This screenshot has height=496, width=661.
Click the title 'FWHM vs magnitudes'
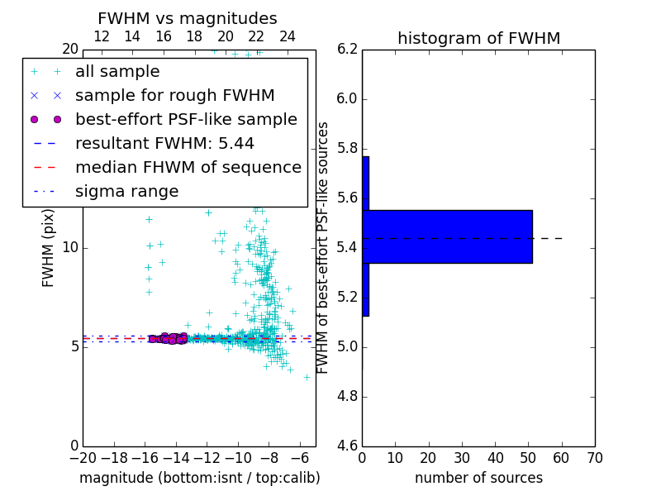[x=188, y=18]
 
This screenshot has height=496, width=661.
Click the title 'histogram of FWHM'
[x=478, y=38]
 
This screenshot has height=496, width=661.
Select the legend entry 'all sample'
[x=117, y=72]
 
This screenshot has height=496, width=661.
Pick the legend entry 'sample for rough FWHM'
[x=174, y=96]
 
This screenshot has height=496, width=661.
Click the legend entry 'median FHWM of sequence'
[x=188, y=167]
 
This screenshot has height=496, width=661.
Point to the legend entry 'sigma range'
[x=126, y=191]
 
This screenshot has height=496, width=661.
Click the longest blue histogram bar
[x=447, y=236]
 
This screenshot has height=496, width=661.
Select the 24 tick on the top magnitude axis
[x=288, y=36]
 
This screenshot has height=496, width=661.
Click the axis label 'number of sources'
[x=478, y=478]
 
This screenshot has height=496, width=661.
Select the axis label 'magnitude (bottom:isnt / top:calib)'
[x=199, y=478]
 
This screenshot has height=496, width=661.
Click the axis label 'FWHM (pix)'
[x=49, y=246]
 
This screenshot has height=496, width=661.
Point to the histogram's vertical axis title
[x=323, y=247]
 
